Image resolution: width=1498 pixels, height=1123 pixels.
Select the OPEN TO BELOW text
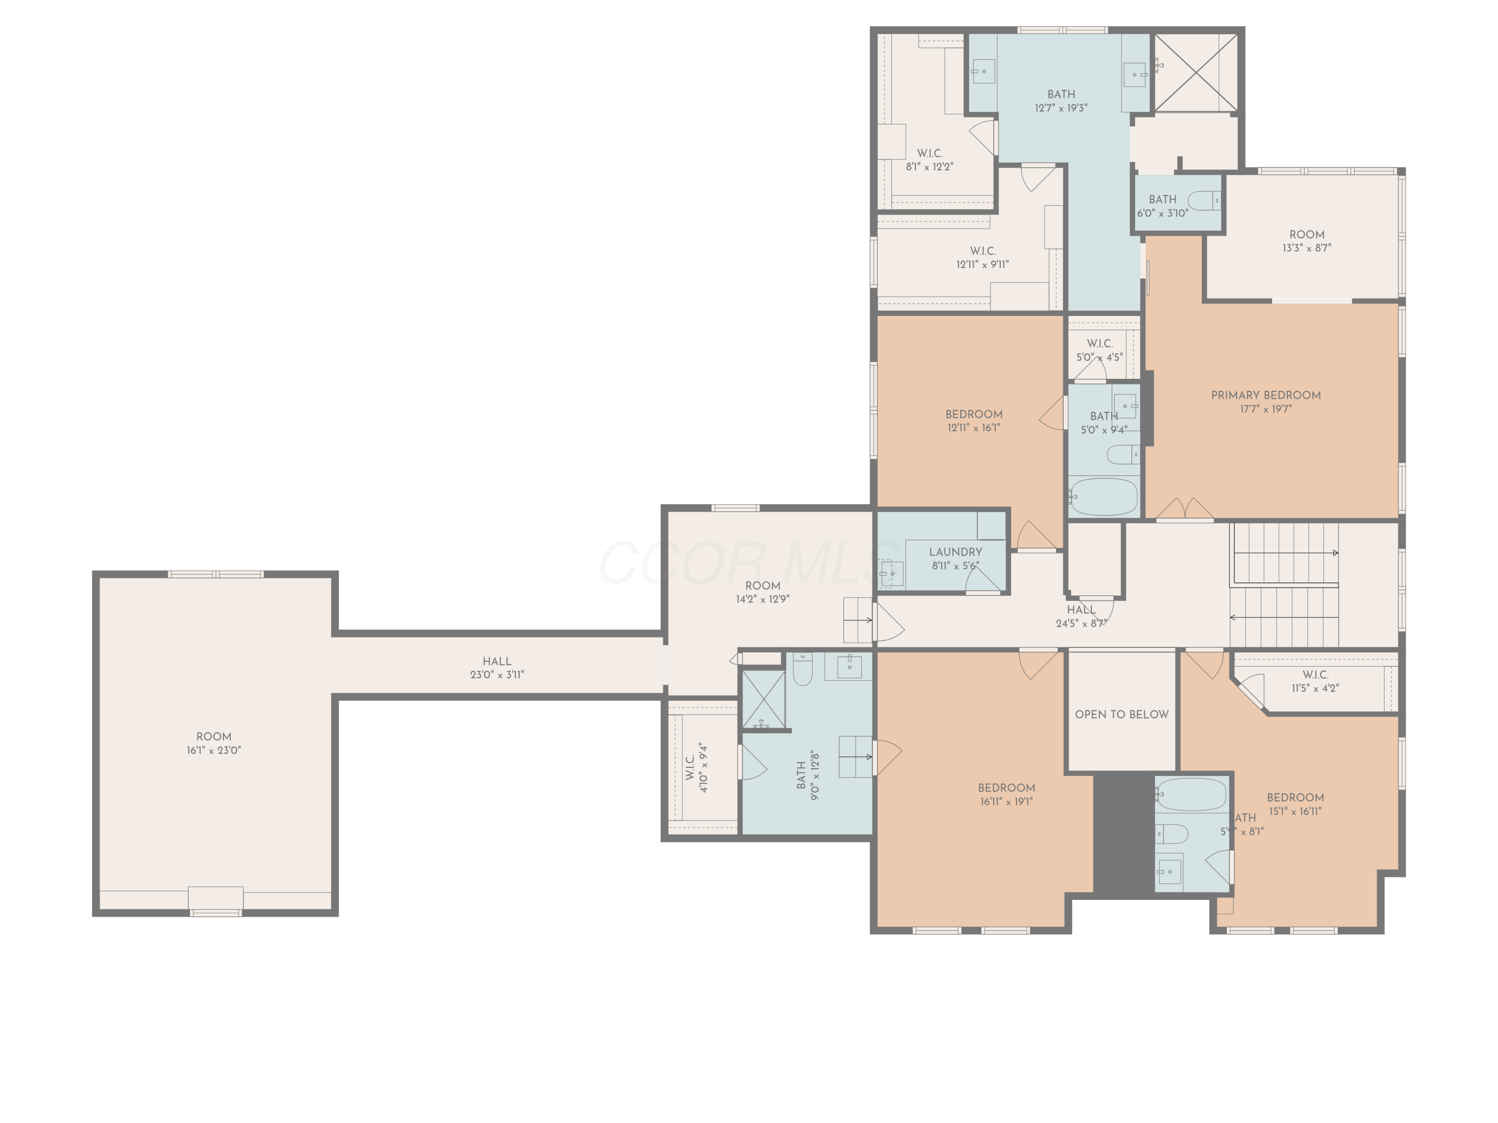coord(1122,714)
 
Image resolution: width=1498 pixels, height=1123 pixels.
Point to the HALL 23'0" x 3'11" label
coord(496,667)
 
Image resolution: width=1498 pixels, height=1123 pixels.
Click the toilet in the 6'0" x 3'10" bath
coord(1204,201)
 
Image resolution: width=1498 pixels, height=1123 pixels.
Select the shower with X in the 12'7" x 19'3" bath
coord(1195,72)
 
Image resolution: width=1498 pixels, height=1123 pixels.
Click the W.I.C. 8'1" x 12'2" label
coord(929,160)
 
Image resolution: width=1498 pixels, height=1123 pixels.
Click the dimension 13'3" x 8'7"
coord(1306,248)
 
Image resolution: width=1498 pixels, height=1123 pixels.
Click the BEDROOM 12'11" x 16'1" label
coord(973,420)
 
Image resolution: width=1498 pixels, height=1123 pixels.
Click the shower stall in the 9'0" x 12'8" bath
coord(763,699)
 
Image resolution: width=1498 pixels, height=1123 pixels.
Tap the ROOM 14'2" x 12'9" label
coord(762,591)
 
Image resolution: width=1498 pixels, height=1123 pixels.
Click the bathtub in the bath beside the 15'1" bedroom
coord(1191,794)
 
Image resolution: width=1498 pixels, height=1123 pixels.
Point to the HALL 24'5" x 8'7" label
coord(1081,616)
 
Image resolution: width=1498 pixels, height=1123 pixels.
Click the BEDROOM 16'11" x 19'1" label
coord(1006,794)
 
